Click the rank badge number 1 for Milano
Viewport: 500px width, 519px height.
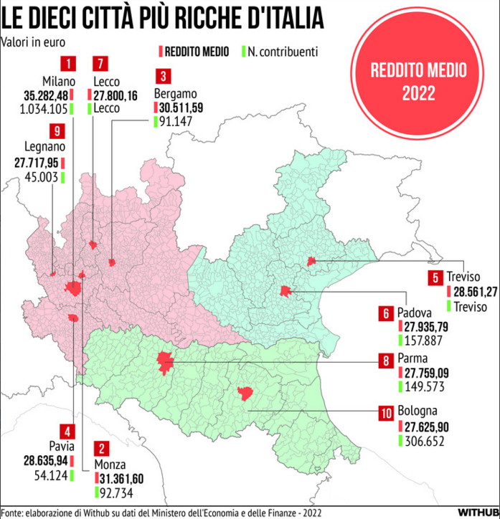pos(69,63)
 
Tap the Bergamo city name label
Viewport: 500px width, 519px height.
pos(175,92)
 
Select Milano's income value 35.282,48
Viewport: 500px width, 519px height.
pos(46,95)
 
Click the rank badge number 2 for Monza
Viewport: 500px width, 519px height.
pos(103,449)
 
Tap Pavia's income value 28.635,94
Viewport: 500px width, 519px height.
pos(45,460)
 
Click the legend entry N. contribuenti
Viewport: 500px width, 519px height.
pos(282,52)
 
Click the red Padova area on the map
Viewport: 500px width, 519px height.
pos(286,291)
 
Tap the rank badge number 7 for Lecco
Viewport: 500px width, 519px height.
pos(102,63)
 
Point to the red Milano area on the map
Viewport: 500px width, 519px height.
pos(73,288)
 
